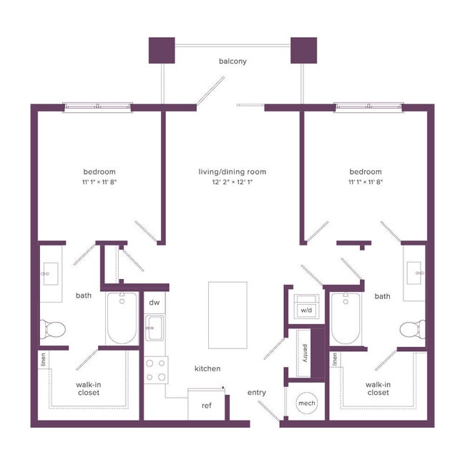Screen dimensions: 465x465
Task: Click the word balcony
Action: (232, 62)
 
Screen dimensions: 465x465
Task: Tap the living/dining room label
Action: (232, 172)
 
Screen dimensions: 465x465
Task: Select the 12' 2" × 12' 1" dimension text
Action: (232, 183)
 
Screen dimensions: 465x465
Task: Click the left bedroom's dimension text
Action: (99, 183)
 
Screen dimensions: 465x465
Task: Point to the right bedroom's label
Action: (365, 172)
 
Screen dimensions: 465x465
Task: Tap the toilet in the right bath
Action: (412, 330)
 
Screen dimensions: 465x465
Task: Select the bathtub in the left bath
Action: (120, 318)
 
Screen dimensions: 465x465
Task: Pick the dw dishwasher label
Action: (154, 303)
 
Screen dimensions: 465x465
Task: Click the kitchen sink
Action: (154, 331)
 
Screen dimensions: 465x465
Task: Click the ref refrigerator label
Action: (206, 406)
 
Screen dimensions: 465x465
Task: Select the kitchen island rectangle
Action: (227, 315)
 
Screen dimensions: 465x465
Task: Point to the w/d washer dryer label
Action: (306, 310)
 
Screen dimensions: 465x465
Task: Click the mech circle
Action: (305, 403)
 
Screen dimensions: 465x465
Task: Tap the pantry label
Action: (305, 353)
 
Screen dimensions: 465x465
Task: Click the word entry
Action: (257, 393)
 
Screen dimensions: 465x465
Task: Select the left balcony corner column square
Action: (161, 49)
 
